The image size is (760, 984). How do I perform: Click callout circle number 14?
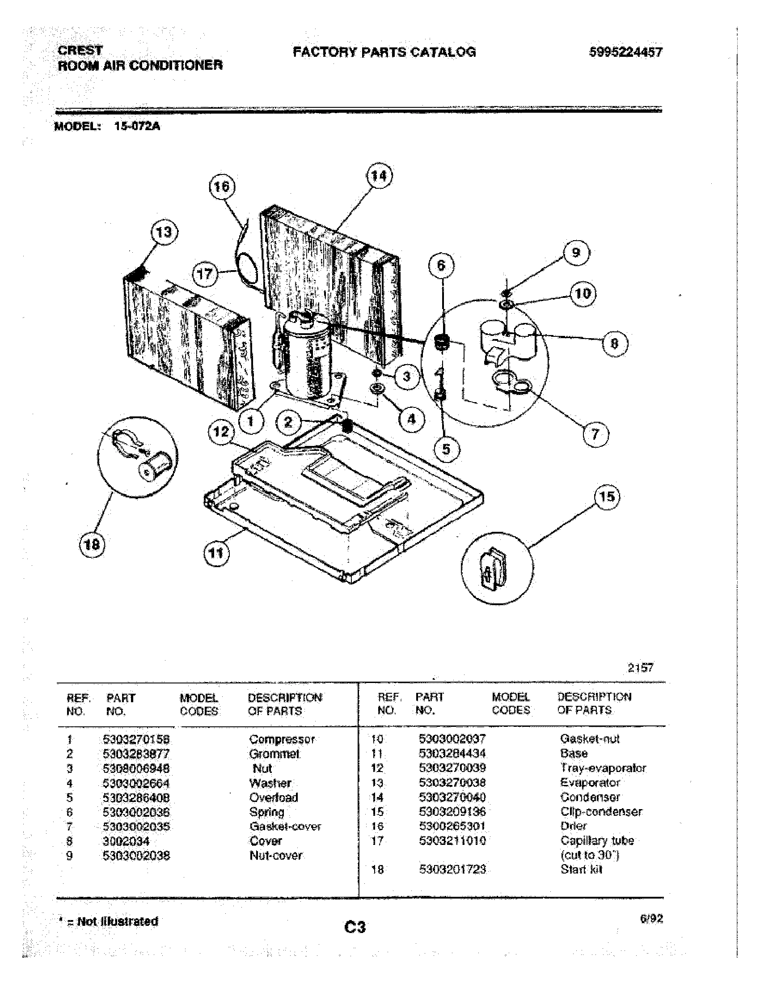379,176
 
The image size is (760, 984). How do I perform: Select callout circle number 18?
92,545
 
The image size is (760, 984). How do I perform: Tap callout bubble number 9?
576,252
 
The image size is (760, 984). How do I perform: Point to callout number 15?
607,496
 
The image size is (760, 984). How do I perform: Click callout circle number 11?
216,552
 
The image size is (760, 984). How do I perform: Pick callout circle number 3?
406,376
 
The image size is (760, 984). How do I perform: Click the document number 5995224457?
626,52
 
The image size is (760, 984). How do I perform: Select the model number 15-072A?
137,126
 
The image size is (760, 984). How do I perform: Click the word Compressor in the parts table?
282,739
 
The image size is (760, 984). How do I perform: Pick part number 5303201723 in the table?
452,869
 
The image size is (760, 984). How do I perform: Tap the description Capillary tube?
597,841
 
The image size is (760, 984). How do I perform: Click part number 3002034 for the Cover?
126,841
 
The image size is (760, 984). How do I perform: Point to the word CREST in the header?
80,50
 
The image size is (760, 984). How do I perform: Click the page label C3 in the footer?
355,927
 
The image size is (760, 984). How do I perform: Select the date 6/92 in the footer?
651,919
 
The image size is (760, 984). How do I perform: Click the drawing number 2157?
640,668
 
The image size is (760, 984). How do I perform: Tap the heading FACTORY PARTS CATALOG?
384,52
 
